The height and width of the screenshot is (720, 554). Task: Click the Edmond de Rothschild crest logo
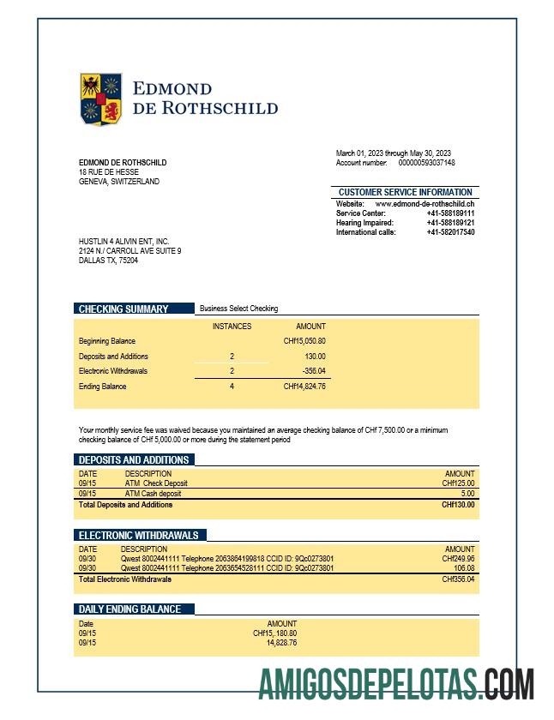point(101,99)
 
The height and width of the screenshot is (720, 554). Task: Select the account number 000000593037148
point(426,163)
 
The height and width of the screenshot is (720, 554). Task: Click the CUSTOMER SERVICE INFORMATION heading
point(405,192)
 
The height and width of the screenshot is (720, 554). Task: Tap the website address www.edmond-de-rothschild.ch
point(425,204)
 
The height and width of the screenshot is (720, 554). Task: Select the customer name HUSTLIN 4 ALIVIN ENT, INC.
point(123,242)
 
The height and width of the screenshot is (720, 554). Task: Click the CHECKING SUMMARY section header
point(123,309)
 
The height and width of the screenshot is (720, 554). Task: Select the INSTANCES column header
point(232,327)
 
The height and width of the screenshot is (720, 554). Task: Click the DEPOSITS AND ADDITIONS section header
point(134,460)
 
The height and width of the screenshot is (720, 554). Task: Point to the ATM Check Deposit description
point(156,483)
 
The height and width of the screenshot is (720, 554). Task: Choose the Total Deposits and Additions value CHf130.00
point(457,505)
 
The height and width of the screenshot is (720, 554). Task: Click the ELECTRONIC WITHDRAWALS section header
point(138,535)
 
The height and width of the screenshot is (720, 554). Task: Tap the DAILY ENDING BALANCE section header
point(129,609)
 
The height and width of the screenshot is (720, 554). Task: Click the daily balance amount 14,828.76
point(281,642)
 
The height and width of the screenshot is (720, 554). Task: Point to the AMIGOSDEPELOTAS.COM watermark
point(396,684)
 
